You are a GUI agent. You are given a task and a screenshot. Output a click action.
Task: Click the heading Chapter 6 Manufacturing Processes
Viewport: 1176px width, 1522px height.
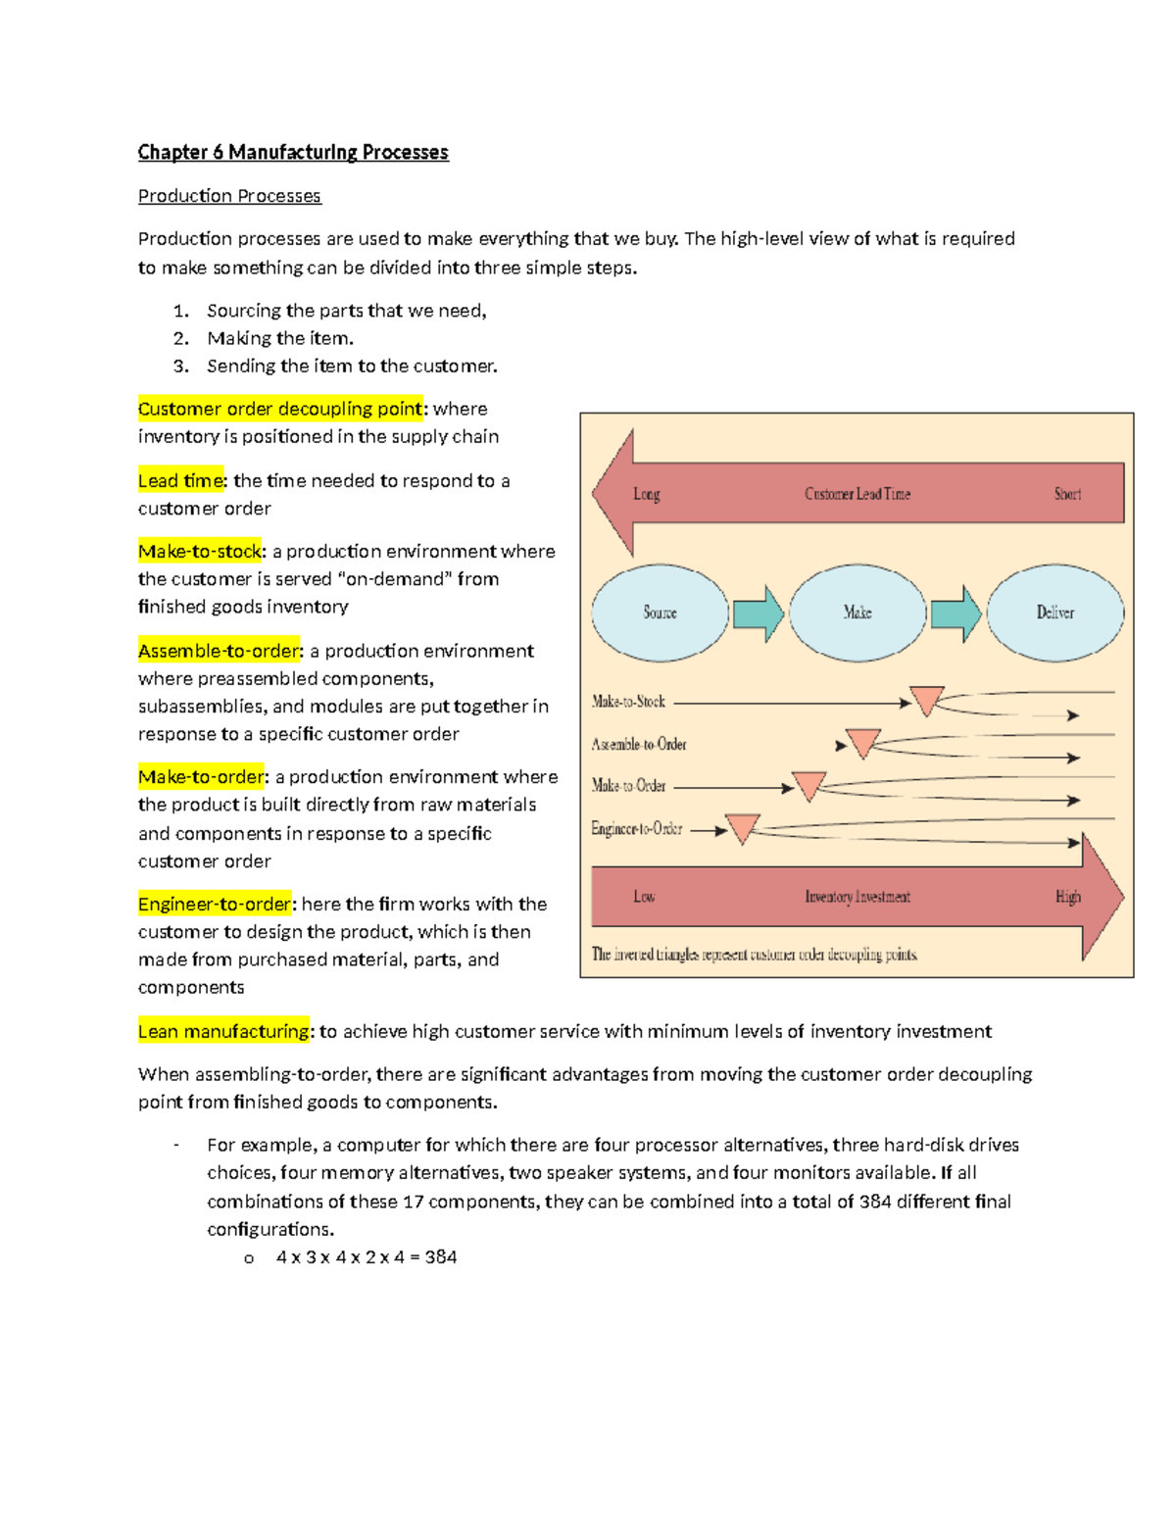[293, 152]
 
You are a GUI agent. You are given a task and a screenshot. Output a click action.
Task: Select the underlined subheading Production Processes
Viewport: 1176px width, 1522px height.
[229, 196]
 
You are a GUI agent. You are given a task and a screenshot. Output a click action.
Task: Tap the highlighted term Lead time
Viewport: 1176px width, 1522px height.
[181, 480]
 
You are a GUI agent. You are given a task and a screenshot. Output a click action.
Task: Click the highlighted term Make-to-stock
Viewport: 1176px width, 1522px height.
[201, 551]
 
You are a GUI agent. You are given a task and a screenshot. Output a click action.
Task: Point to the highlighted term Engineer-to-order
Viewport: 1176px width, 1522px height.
[215, 904]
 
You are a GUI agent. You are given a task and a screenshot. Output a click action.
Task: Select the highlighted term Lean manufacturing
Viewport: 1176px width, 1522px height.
[223, 1031]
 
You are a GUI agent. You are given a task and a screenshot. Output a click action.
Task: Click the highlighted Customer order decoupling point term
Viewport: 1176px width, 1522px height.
[280, 409]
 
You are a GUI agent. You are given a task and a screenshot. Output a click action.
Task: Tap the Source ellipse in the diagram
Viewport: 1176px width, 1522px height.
[660, 613]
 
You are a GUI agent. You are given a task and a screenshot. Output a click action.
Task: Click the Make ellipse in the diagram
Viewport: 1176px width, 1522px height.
[857, 613]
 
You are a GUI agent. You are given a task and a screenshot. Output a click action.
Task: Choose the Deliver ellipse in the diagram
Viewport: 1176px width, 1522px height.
[1055, 613]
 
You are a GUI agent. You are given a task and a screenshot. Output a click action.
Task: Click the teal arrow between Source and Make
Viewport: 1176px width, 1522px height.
[759, 614]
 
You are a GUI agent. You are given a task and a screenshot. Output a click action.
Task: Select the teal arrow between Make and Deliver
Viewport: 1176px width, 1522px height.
[955, 614]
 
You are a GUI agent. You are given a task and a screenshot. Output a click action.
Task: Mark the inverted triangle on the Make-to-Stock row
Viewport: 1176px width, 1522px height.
[926, 700]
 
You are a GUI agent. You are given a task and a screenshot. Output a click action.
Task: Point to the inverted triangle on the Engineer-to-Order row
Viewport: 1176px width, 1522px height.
[742, 828]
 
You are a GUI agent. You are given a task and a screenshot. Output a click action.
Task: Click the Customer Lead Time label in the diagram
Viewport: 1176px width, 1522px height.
[857, 494]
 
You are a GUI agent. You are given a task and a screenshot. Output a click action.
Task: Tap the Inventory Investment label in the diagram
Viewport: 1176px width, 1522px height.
[857, 897]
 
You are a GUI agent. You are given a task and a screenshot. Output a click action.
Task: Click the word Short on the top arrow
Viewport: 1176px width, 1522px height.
[1067, 494]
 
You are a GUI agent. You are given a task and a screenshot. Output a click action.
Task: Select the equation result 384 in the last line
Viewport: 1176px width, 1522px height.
[441, 1257]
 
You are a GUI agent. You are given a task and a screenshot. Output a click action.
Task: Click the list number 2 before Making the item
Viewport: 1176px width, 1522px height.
[180, 338]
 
